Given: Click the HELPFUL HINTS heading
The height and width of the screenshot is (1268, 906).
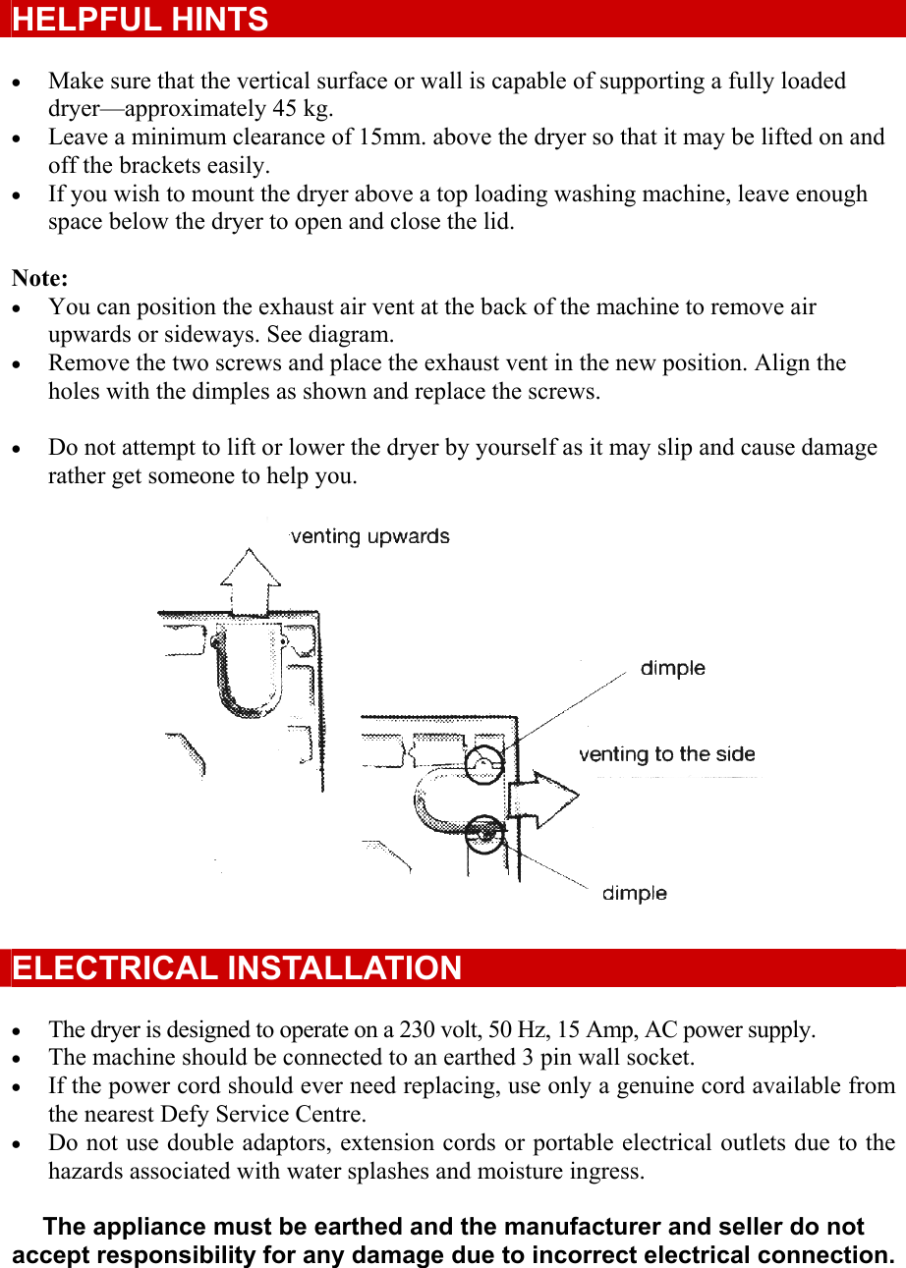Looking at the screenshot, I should [x=141, y=20].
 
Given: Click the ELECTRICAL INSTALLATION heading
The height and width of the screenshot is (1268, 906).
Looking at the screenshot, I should [x=237, y=968].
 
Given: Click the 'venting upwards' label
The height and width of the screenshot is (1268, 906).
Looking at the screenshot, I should [x=370, y=537].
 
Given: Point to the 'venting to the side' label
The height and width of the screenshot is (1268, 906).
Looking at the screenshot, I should [x=666, y=754].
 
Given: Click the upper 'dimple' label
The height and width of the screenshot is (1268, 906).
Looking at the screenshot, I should [x=672, y=669].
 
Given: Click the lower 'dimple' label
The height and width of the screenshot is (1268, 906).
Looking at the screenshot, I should [x=634, y=894].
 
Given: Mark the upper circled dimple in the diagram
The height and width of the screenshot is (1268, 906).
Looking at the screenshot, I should [x=483, y=763].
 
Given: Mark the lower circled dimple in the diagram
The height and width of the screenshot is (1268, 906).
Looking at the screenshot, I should [x=483, y=834].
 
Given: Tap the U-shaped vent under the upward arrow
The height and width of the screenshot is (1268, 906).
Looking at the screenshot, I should [x=249, y=668].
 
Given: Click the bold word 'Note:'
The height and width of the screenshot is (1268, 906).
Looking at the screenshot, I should [x=39, y=279].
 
